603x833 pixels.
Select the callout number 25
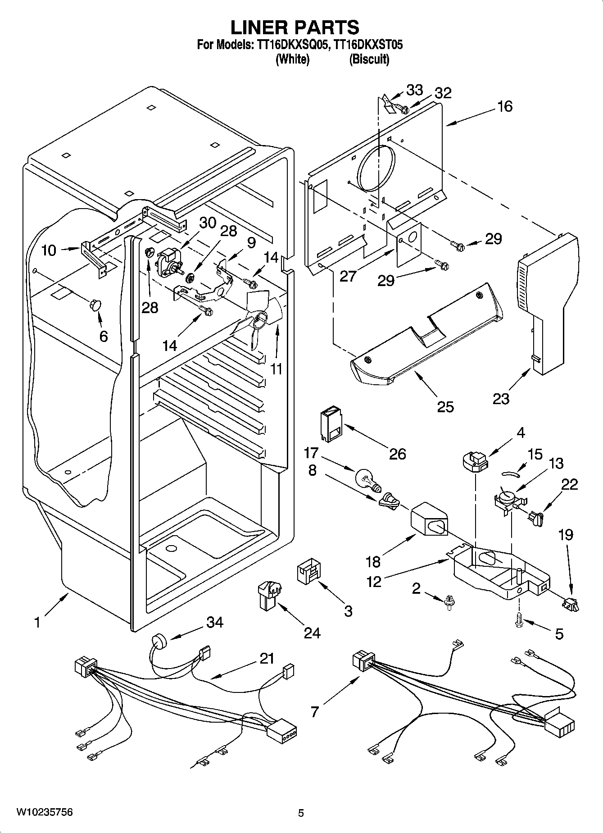pos(445,406)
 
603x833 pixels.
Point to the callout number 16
pos(504,106)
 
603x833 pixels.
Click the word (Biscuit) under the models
pos(369,59)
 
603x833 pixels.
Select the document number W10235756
pos(45,812)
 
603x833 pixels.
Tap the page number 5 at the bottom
pos(301,813)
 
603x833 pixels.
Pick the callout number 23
pos(501,398)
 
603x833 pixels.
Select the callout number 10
pos(49,250)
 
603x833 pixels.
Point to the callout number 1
pos(37,623)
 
